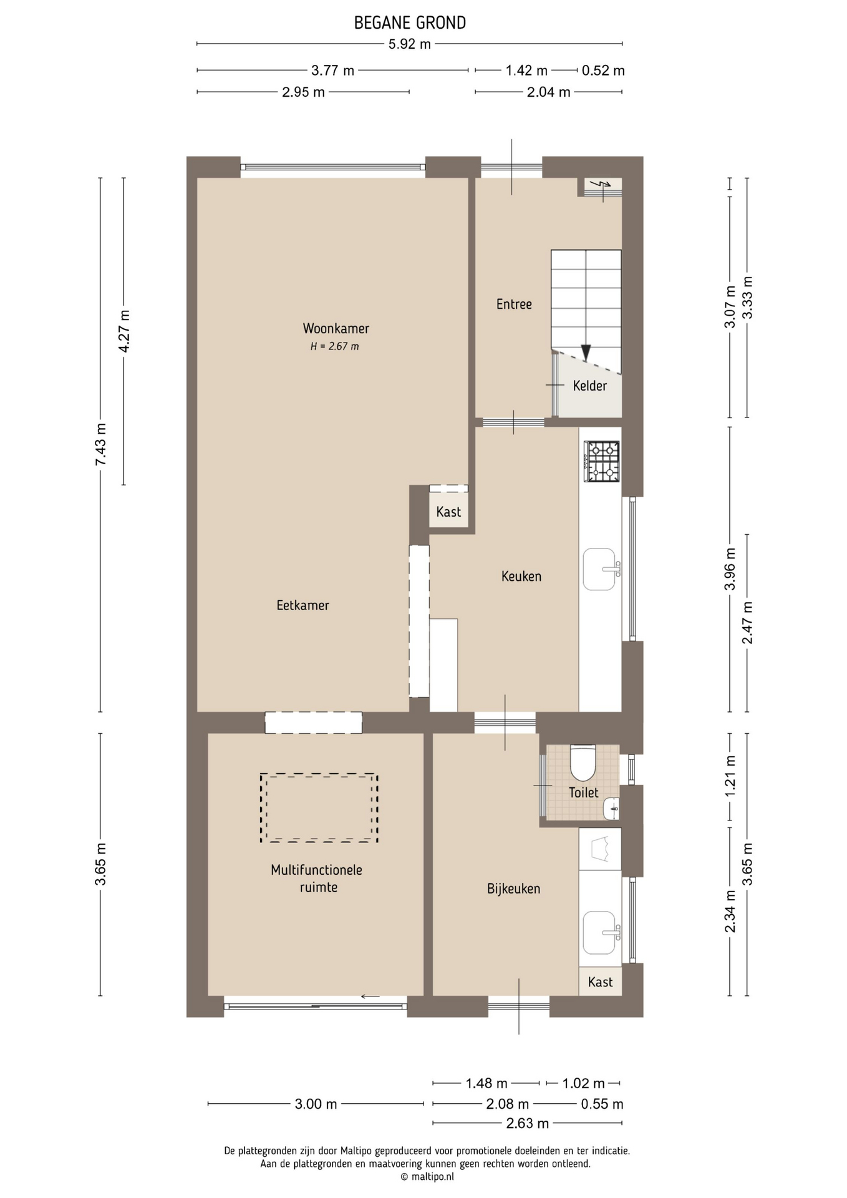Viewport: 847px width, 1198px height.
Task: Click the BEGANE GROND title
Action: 410,23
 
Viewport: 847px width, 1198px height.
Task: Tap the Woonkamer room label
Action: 336,328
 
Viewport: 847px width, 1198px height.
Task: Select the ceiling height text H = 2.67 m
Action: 335,346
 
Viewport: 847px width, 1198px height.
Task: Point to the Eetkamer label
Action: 302,605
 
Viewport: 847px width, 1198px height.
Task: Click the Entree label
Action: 514,304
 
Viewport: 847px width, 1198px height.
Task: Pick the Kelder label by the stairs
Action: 589,386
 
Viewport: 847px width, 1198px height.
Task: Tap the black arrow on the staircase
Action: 586,353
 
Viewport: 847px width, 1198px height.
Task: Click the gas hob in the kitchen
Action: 602,461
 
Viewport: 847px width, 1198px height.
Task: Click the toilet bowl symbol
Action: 583,762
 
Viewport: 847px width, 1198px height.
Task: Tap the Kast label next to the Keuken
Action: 448,512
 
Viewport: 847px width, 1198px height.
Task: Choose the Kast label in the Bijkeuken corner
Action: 600,982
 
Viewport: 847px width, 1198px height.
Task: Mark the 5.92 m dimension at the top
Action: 410,44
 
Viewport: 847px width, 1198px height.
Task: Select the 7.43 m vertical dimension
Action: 100,444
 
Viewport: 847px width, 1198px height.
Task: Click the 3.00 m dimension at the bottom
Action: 316,1104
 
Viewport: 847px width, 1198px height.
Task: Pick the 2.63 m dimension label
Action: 528,1124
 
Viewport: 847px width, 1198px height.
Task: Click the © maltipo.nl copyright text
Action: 427,1177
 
